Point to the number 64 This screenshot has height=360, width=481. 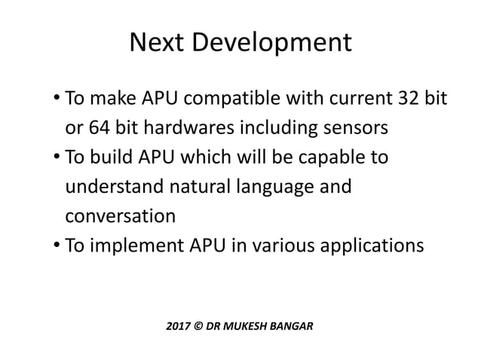98,128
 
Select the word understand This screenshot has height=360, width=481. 112,187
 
